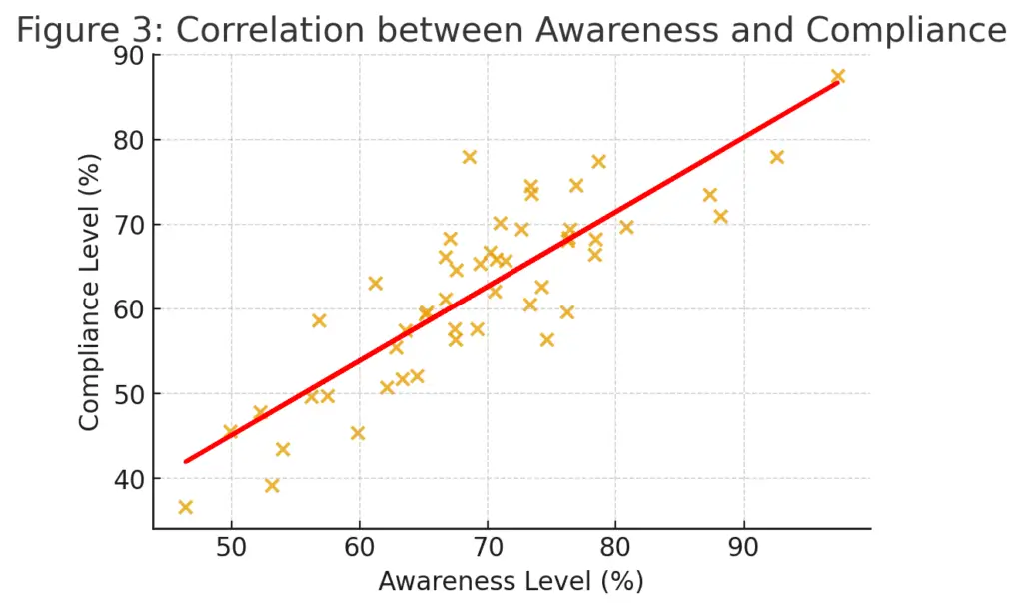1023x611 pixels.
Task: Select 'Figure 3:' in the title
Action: tap(90, 31)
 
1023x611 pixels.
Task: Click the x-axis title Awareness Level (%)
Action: tap(511, 581)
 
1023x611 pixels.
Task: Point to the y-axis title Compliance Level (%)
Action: tap(90, 292)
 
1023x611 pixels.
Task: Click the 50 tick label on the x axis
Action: tap(232, 548)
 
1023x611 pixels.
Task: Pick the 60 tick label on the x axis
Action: tap(360, 548)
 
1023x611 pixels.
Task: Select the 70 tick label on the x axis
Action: tap(488, 548)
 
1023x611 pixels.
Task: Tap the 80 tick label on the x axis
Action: tap(615, 548)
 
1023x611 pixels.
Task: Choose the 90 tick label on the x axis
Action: tap(743, 548)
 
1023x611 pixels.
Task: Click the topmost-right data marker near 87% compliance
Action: tap(838, 76)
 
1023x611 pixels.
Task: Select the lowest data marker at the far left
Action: tap(185, 507)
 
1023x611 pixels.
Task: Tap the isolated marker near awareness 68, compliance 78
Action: tap(470, 157)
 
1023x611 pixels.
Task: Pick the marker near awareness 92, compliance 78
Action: tap(777, 157)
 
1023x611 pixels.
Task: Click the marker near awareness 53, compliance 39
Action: tap(272, 486)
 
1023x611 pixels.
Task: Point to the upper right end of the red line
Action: tap(838, 82)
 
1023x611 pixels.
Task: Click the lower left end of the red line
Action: tap(185, 461)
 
